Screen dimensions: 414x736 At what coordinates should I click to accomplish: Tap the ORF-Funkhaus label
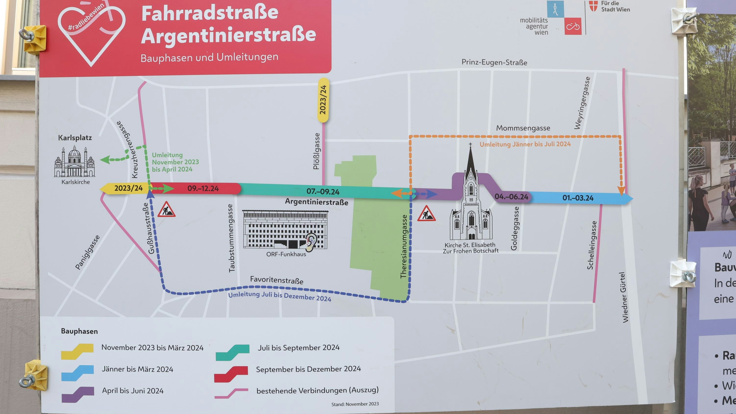[286, 254]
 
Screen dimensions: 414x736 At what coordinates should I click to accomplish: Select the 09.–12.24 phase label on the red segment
[203, 189]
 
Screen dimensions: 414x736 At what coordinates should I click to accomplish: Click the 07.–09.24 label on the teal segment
[323, 191]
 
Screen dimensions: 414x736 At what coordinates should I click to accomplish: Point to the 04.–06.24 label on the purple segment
[511, 196]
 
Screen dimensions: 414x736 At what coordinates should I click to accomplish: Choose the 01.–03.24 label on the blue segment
[578, 198]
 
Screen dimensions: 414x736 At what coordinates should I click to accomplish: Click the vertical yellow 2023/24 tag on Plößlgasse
[323, 100]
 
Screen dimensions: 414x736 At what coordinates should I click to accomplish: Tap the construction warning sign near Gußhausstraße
[166, 209]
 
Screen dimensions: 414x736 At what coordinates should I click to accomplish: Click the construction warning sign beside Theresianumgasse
[426, 213]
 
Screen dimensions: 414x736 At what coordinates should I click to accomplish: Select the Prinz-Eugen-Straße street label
[494, 62]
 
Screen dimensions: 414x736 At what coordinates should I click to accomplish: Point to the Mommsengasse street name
[523, 128]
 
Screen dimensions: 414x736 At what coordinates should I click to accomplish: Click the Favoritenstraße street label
[277, 280]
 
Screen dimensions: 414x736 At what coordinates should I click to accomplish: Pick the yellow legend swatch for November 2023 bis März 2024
[77, 351]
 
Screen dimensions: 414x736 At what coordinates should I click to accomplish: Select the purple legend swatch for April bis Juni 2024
[78, 394]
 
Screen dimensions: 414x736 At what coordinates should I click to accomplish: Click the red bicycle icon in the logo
[573, 26]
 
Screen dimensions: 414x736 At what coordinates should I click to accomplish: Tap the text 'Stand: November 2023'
[355, 404]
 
